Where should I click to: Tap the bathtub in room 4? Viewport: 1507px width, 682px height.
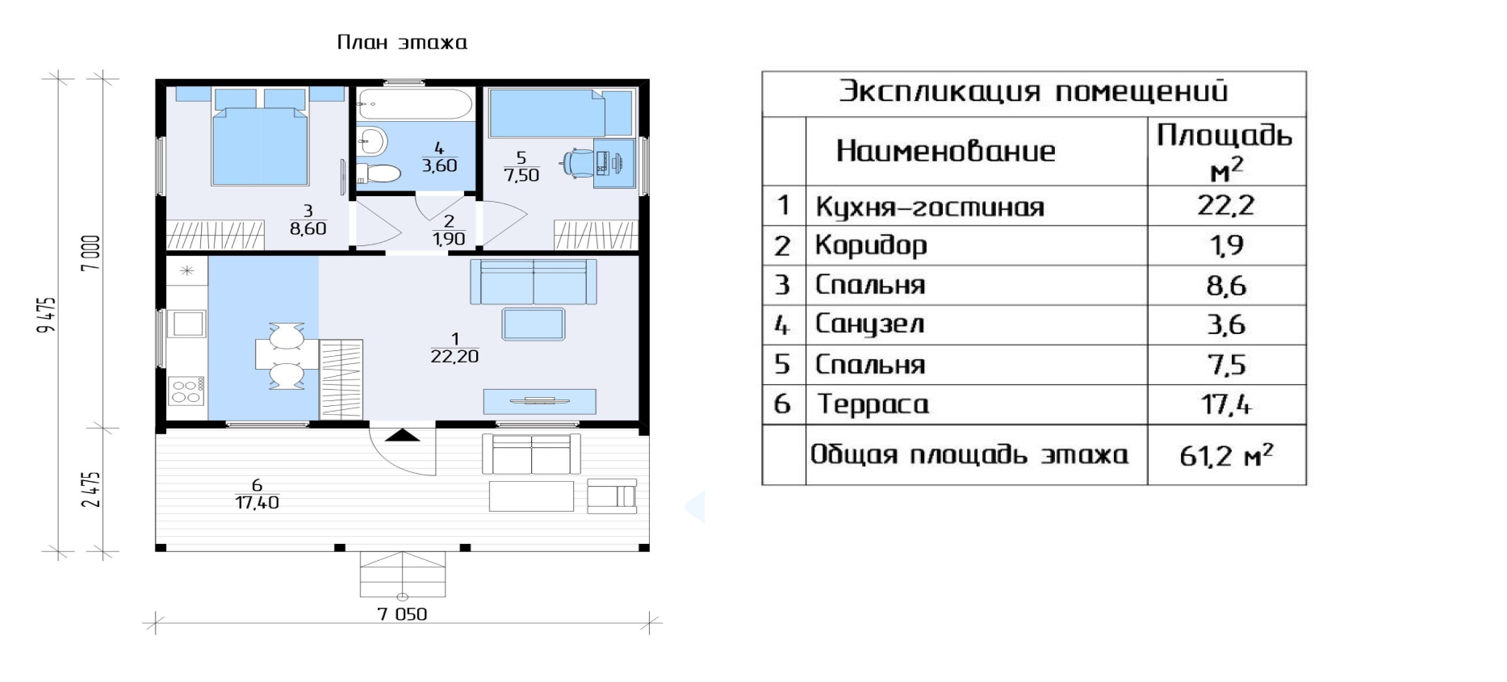pos(415,104)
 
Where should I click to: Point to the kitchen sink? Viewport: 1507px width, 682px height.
pos(187,324)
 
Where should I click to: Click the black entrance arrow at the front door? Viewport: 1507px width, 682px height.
pos(402,436)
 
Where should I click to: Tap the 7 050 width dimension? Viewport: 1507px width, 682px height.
pos(402,614)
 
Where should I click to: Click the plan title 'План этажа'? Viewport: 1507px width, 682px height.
pos(402,42)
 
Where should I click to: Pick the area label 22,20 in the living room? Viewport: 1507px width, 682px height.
pos(454,356)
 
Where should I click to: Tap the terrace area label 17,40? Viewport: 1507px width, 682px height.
pos(257,502)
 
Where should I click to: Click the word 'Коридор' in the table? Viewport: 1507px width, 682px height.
pos(871,245)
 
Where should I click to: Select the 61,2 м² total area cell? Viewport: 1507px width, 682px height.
pos(1226,455)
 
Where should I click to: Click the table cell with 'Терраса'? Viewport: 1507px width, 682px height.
pos(977,404)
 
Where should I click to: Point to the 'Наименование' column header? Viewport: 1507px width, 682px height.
pos(946,151)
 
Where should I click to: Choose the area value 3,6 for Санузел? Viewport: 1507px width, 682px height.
pos(1226,324)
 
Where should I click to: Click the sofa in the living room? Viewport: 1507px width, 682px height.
pos(534,282)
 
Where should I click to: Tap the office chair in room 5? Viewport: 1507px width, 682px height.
pos(577,162)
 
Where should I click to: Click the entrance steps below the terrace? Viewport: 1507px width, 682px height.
pos(403,574)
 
